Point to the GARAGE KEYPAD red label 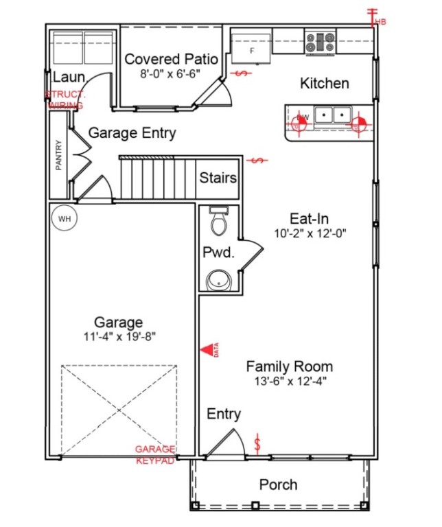154,454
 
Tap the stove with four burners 320,43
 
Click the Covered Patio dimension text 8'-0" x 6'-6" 171,75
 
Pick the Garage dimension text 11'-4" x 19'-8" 119,337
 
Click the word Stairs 218,178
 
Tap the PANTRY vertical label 59,156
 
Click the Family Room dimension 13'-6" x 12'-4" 289,381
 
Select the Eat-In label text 309,219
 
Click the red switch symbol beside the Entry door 258,443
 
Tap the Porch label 278,484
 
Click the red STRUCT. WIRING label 65,100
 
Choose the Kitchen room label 325,83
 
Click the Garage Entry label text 132,133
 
